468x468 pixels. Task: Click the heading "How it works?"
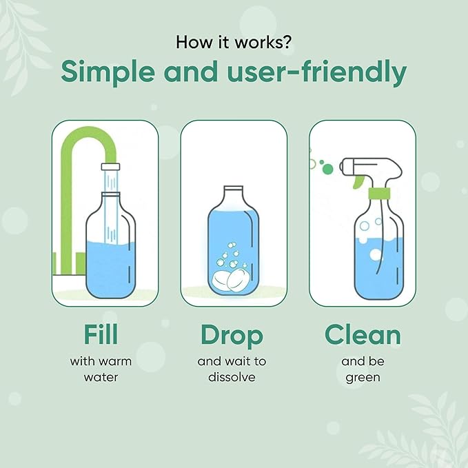pos(234,41)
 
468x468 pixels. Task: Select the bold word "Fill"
pos(100,334)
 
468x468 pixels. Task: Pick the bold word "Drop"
pos(232,335)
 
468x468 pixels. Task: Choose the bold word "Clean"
pos(363,335)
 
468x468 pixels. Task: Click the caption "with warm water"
pos(100,369)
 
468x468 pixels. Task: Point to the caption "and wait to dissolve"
pos(232,369)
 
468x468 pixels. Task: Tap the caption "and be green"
pos(363,369)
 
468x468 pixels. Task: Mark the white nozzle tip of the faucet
pos(110,166)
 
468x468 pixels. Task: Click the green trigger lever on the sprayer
pos(358,181)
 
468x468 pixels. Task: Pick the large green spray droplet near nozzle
pos(327,169)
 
